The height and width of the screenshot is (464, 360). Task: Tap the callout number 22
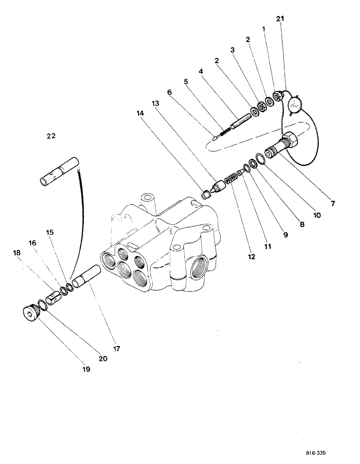coord(51,136)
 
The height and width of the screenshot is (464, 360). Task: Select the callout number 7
coord(333,203)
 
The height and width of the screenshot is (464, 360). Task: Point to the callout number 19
coord(87,369)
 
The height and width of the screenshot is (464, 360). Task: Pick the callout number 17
coord(117,348)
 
